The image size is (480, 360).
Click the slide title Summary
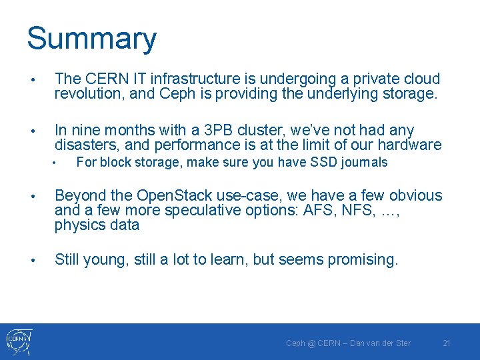pyautogui.click(x=91, y=39)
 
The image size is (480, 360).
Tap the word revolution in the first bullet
pyautogui.click(x=89, y=93)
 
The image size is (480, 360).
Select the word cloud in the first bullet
pyautogui.click(x=420, y=79)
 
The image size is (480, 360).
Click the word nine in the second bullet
pyautogui.click(x=85, y=131)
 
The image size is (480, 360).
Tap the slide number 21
pyautogui.click(x=447, y=343)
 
